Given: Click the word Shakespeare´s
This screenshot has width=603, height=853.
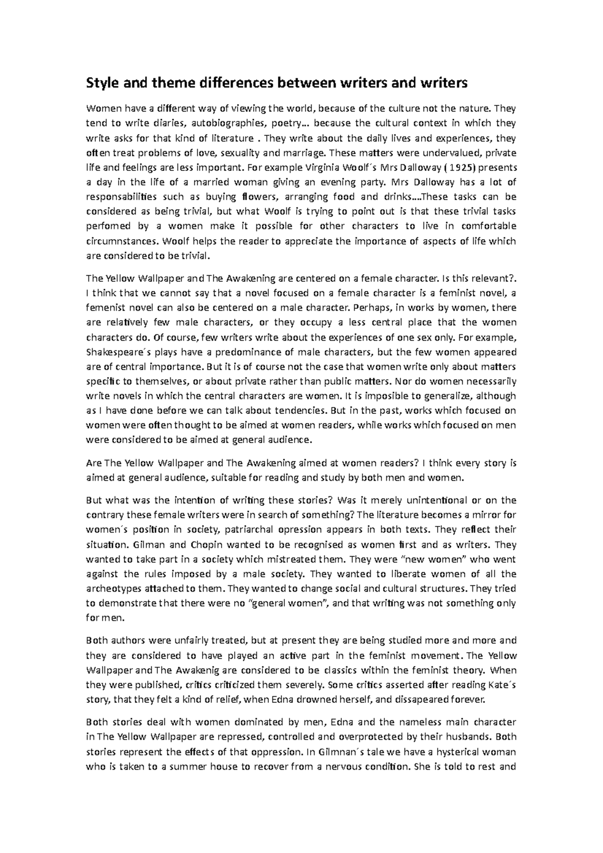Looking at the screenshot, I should click(x=112, y=352).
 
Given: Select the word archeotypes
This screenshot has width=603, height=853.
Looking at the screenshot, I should click(x=114, y=588).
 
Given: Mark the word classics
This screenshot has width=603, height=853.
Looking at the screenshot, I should click(x=343, y=670).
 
